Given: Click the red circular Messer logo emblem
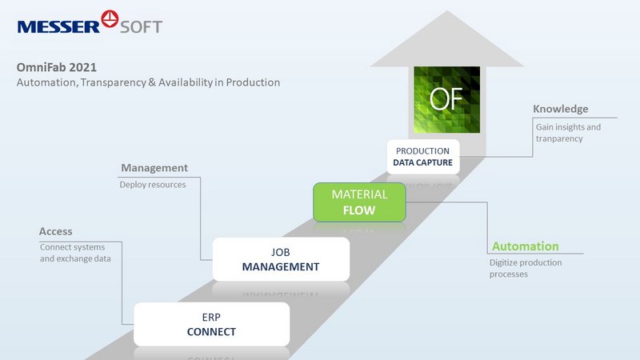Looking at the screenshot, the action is click(110, 18).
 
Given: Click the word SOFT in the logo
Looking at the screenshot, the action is click(142, 27).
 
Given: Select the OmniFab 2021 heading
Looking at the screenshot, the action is click(56, 67).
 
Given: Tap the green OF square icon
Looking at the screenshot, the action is click(446, 99).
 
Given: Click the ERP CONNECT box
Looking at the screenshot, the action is click(211, 324).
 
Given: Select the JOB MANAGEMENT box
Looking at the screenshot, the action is click(281, 259).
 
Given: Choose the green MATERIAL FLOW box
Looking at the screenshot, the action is click(359, 202).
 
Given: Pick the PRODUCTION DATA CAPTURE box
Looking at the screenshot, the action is click(423, 157).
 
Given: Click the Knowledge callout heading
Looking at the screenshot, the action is click(561, 109).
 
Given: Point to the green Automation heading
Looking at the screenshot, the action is click(526, 246).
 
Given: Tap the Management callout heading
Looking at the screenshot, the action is click(154, 168).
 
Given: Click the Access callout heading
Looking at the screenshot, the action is click(55, 231).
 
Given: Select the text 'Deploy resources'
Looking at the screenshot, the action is click(153, 185).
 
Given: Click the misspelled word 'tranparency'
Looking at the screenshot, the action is click(559, 138).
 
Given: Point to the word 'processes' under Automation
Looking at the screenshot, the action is click(509, 274).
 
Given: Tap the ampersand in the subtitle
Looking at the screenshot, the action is click(152, 82).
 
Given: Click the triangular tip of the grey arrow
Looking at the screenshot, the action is click(447, 11).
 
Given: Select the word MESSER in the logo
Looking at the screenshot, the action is click(58, 27).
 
